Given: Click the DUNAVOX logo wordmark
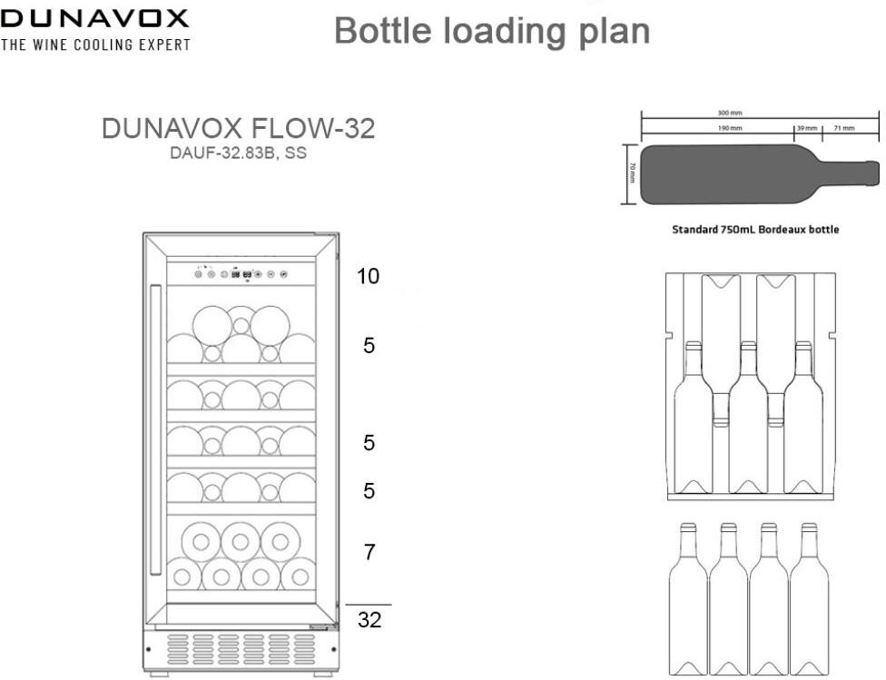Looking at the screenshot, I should coord(94,18).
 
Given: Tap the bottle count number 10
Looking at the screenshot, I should coord(368,276).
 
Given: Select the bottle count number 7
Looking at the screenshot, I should coord(369,551).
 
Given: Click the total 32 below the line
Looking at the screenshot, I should coord(369,621).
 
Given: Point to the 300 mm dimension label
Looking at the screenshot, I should coord(729,113).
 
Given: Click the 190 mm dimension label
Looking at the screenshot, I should coord(730,128).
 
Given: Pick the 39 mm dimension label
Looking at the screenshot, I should coord(807,128).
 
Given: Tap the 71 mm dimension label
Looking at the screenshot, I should coord(843,128).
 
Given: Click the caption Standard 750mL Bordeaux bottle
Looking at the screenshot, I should coord(755,230).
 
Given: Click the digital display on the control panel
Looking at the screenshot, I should coord(241,273).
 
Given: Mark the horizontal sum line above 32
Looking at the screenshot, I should coord(369,605).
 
